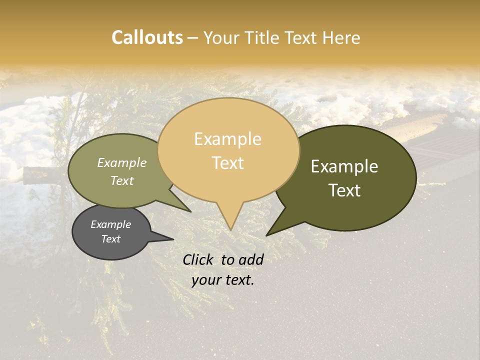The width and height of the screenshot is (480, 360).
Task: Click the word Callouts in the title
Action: pos(147,37)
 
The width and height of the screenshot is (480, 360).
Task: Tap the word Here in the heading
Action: pos(339,37)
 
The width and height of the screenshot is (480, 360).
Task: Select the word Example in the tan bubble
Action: pos(227,139)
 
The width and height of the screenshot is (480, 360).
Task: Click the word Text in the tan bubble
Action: pos(227,162)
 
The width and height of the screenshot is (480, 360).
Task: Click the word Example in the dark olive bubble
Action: pos(344,166)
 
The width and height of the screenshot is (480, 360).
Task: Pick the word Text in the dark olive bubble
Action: pos(344,190)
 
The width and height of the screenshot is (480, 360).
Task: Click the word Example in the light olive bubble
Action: pos(122,162)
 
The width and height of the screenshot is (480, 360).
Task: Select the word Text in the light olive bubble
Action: pos(122,180)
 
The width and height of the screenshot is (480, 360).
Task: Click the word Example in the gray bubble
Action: pos(110,224)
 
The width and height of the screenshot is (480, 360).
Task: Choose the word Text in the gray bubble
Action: pos(110,239)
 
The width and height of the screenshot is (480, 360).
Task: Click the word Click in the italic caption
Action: pos(199,259)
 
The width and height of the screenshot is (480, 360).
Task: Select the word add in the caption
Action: pos(251,259)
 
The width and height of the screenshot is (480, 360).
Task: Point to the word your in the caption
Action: pos(206,280)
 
